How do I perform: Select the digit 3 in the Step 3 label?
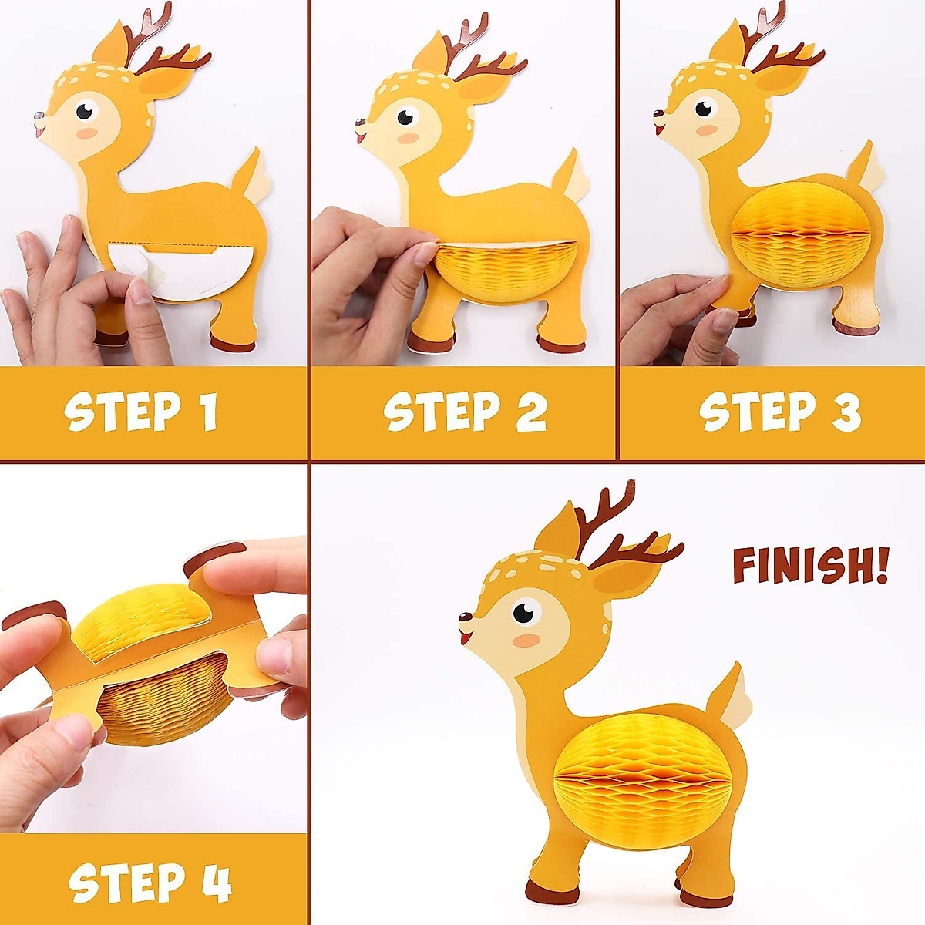(x=846, y=413)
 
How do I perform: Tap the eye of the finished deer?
(x=525, y=613)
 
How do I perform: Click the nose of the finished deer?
(x=465, y=617)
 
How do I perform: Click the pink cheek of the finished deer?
(x=527, y=641)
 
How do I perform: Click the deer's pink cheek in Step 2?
(x=409, y=139)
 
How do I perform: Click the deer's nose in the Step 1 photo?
(x=37, y=117)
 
